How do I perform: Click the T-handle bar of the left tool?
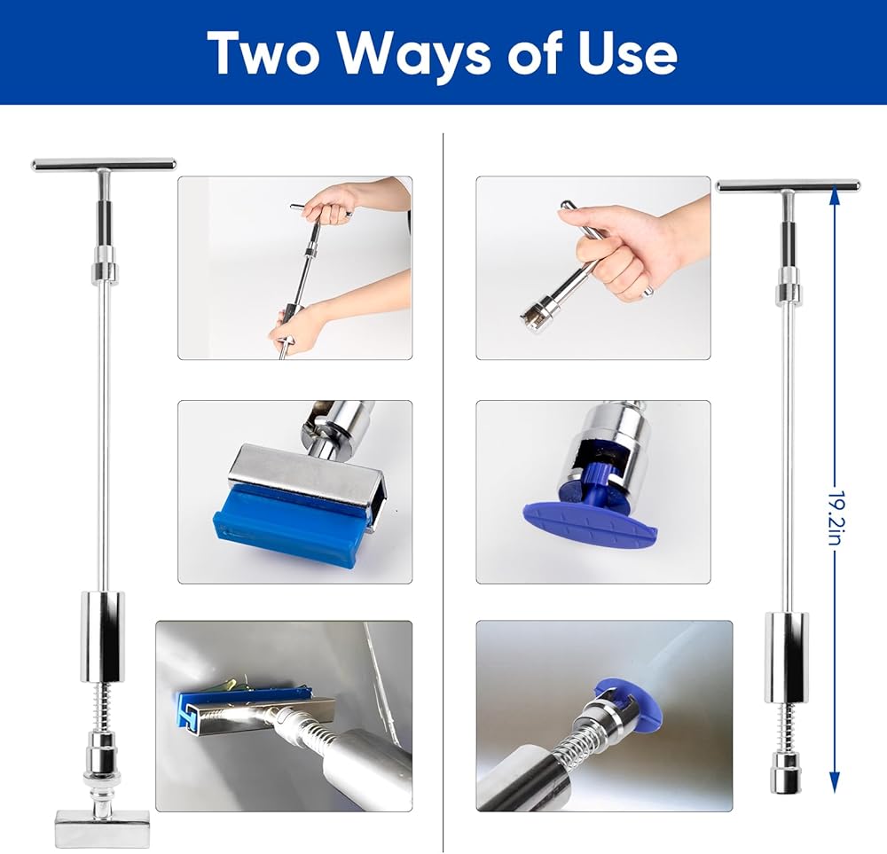[104, 164]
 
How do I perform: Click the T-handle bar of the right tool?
[788, 185]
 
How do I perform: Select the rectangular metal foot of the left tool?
[102, 828]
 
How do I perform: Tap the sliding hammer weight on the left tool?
[102, 636]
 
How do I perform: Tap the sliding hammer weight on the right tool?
[787, 657]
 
